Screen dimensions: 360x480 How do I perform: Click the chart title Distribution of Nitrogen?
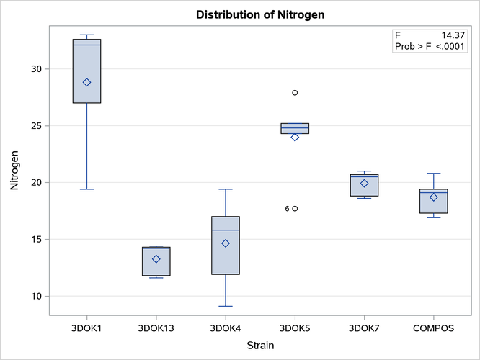click(264, 14)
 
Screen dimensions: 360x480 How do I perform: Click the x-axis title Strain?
click(260, 346)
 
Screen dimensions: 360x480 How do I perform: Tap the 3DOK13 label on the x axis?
click(156, 328)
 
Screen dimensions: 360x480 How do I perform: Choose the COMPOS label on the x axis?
click(433, 328)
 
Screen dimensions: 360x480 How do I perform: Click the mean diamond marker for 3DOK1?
click(87, 82)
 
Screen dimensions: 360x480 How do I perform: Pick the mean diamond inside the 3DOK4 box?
click(226, 243)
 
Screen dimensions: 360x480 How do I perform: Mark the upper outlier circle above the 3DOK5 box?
click(295, 93)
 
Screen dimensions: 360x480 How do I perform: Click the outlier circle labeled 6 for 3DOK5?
click(295, 209)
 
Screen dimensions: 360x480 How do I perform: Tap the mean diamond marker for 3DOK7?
click(364, 184)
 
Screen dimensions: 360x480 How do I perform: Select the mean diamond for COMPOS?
click(433, 197)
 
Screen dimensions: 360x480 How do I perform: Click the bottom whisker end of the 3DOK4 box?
click(226, 306)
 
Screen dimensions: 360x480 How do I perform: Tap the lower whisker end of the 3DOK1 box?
click(87, 189)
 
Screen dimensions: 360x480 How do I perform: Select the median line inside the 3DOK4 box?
click(226, 230)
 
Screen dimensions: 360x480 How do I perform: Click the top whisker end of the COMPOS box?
click(433, 174)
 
